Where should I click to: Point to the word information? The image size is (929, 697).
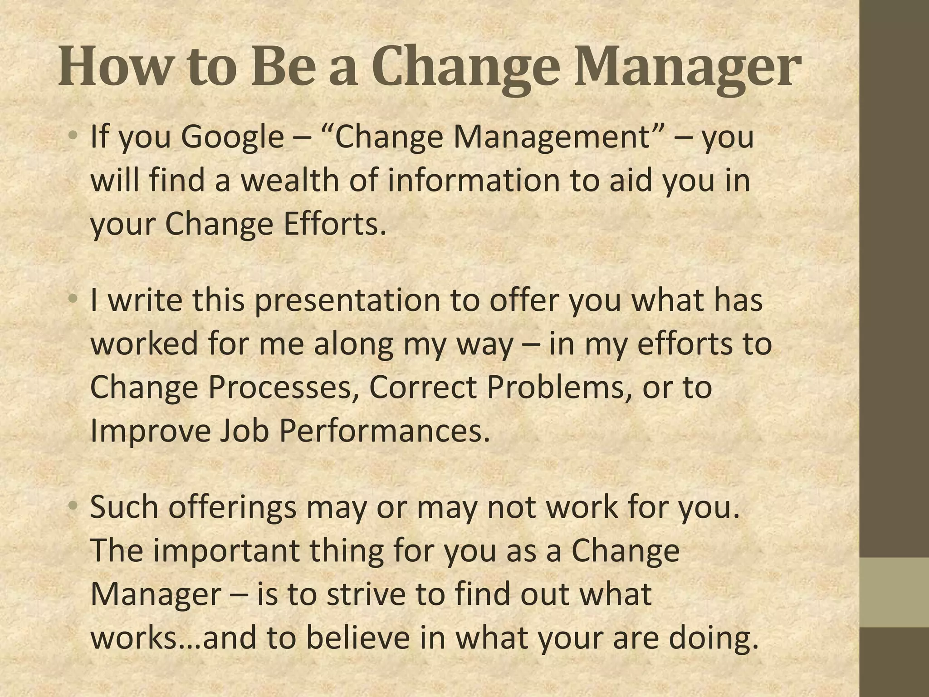point(474,180)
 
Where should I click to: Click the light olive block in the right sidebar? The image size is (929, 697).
point(895,592)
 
